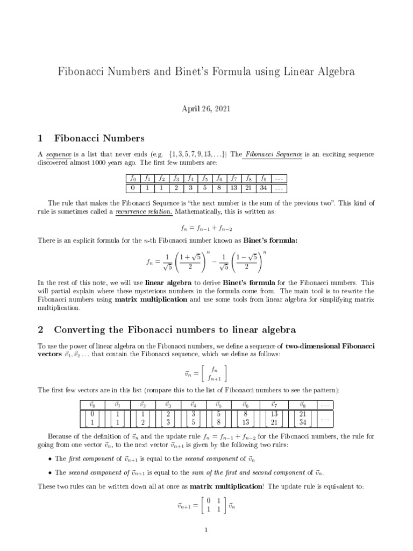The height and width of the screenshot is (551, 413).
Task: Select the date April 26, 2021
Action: pyautogui.click(x=206, y=109)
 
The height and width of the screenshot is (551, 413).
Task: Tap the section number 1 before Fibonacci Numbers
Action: pyautogui.click(x=40, y=139)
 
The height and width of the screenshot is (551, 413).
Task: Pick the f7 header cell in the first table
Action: pyautogui.click(x=234, y=179)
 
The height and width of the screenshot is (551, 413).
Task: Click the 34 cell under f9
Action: pyautogui.click(x=264, y=188)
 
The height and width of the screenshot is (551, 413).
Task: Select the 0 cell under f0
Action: pyautogui.click(x=133, y=188)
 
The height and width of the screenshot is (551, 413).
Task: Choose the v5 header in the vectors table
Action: pyautogui.click(x=218, y=405)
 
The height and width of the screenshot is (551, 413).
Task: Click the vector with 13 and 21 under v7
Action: pyautogui.click(x=274, y=419)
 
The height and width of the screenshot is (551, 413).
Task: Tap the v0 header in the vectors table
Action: pyautogui.click(x=92, y=405)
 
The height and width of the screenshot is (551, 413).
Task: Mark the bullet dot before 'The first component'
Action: pyautogui.click(x=49, y=458)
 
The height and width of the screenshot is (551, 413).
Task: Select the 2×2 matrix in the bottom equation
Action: pyautogui.click(x=211, y=506)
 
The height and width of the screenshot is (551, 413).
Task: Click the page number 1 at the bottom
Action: pyautogui.click(x=206, y=530)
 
